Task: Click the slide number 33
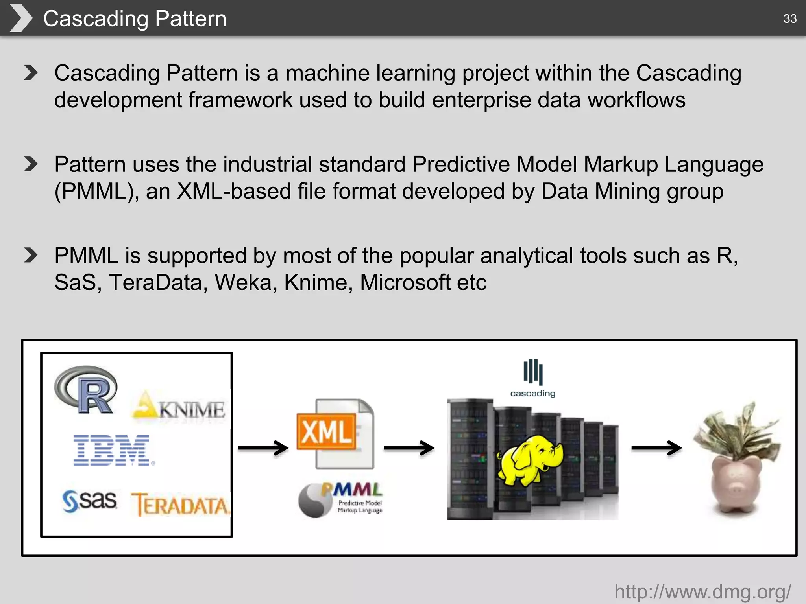point(789,18)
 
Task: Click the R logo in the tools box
point(86,390)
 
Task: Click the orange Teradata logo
point(180,504)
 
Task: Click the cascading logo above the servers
point(533,378)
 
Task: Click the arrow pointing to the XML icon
point(263,448)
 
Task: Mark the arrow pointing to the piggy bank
point(656,448)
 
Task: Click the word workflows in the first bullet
point(636,100)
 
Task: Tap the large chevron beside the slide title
point(20,18)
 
